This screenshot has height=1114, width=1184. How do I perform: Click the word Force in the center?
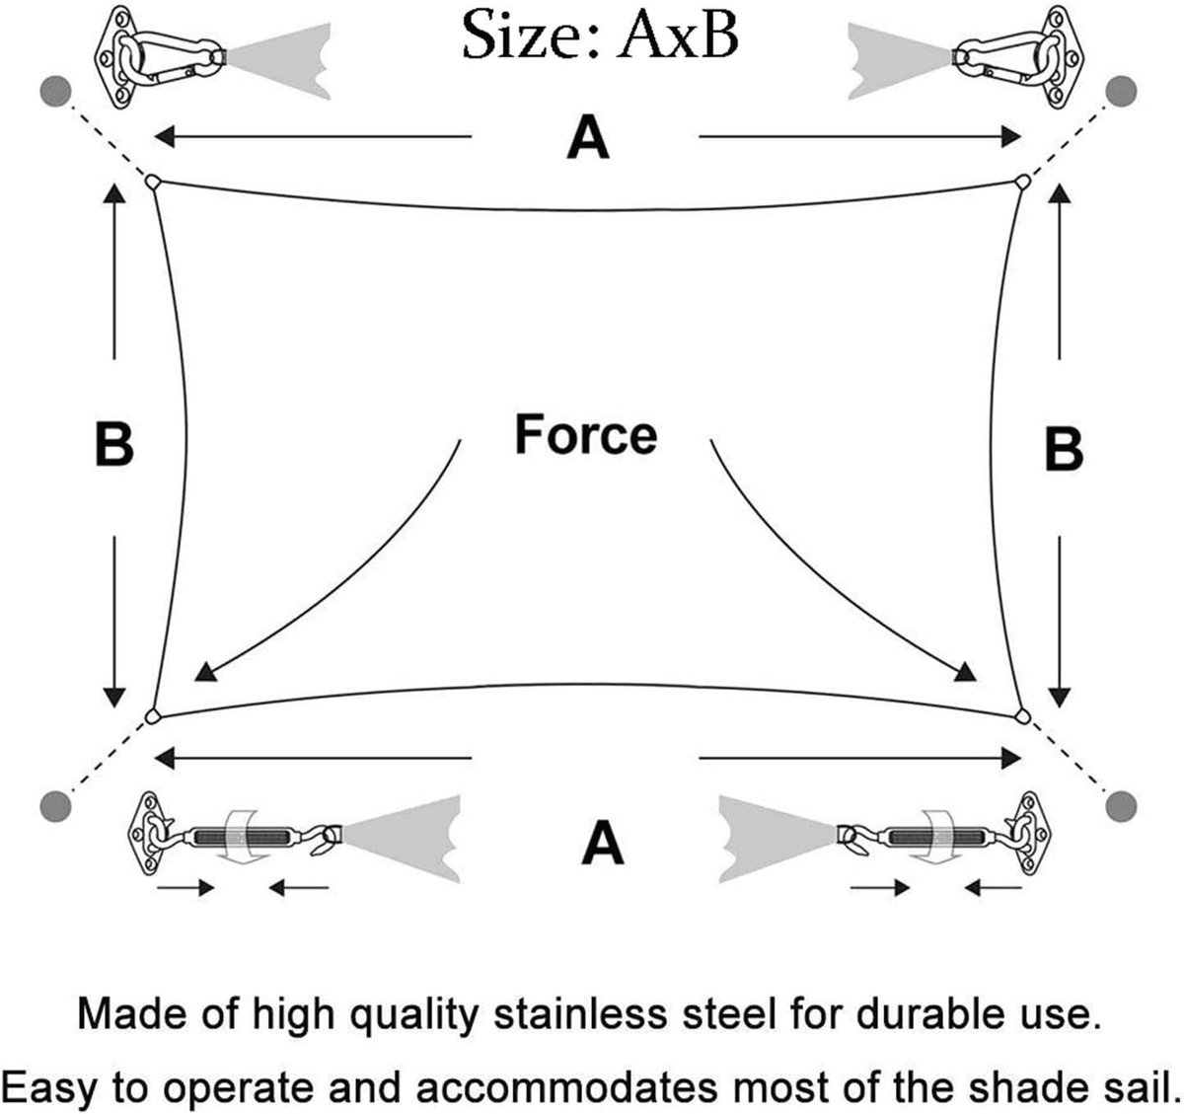pos(585,435)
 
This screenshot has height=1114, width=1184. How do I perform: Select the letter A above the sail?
pos(588,138)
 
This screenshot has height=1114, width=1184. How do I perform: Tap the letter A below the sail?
pos(603,844)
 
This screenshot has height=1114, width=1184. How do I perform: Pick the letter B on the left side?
pos(113,444)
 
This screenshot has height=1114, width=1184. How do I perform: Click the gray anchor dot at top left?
pos(55,91)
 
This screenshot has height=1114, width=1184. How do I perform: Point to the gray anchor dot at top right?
pos(1122,91)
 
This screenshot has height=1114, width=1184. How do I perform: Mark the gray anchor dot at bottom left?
pos(55,807)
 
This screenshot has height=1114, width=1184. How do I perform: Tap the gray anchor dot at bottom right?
pos(1122,807)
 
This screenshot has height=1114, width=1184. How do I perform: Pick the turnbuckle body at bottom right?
pos(940,837)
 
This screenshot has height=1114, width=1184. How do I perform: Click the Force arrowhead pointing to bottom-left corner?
pos(204,672)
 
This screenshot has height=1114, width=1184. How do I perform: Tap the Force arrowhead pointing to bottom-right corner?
pos(966,672)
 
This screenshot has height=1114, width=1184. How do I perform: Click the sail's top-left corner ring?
pos(151,182)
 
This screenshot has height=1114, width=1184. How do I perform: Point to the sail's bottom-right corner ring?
pos(1023,715)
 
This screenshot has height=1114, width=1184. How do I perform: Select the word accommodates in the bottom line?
pos(566,1086)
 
